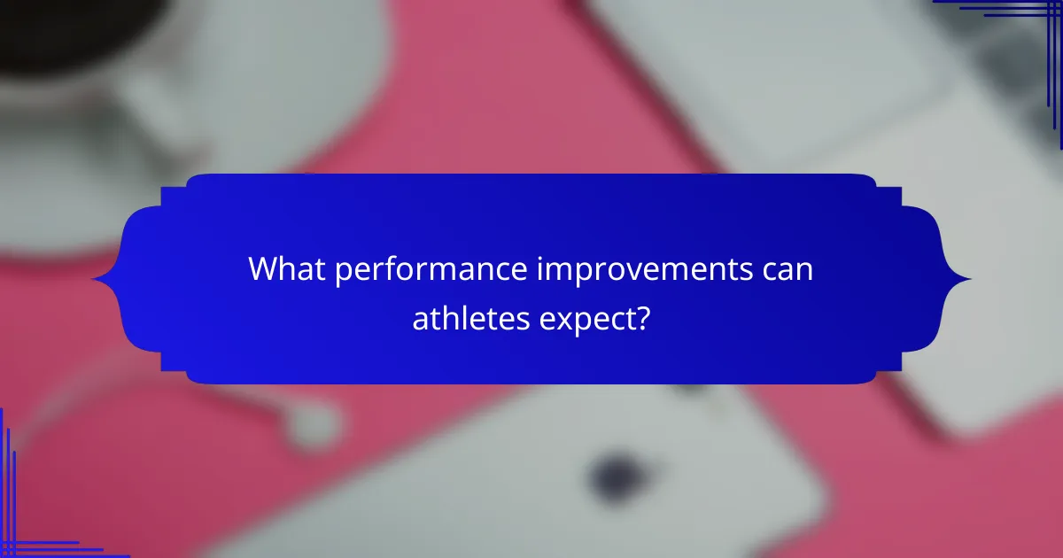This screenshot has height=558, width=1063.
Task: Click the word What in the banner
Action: (286, 269)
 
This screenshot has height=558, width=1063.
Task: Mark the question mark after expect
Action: (643, 316)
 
